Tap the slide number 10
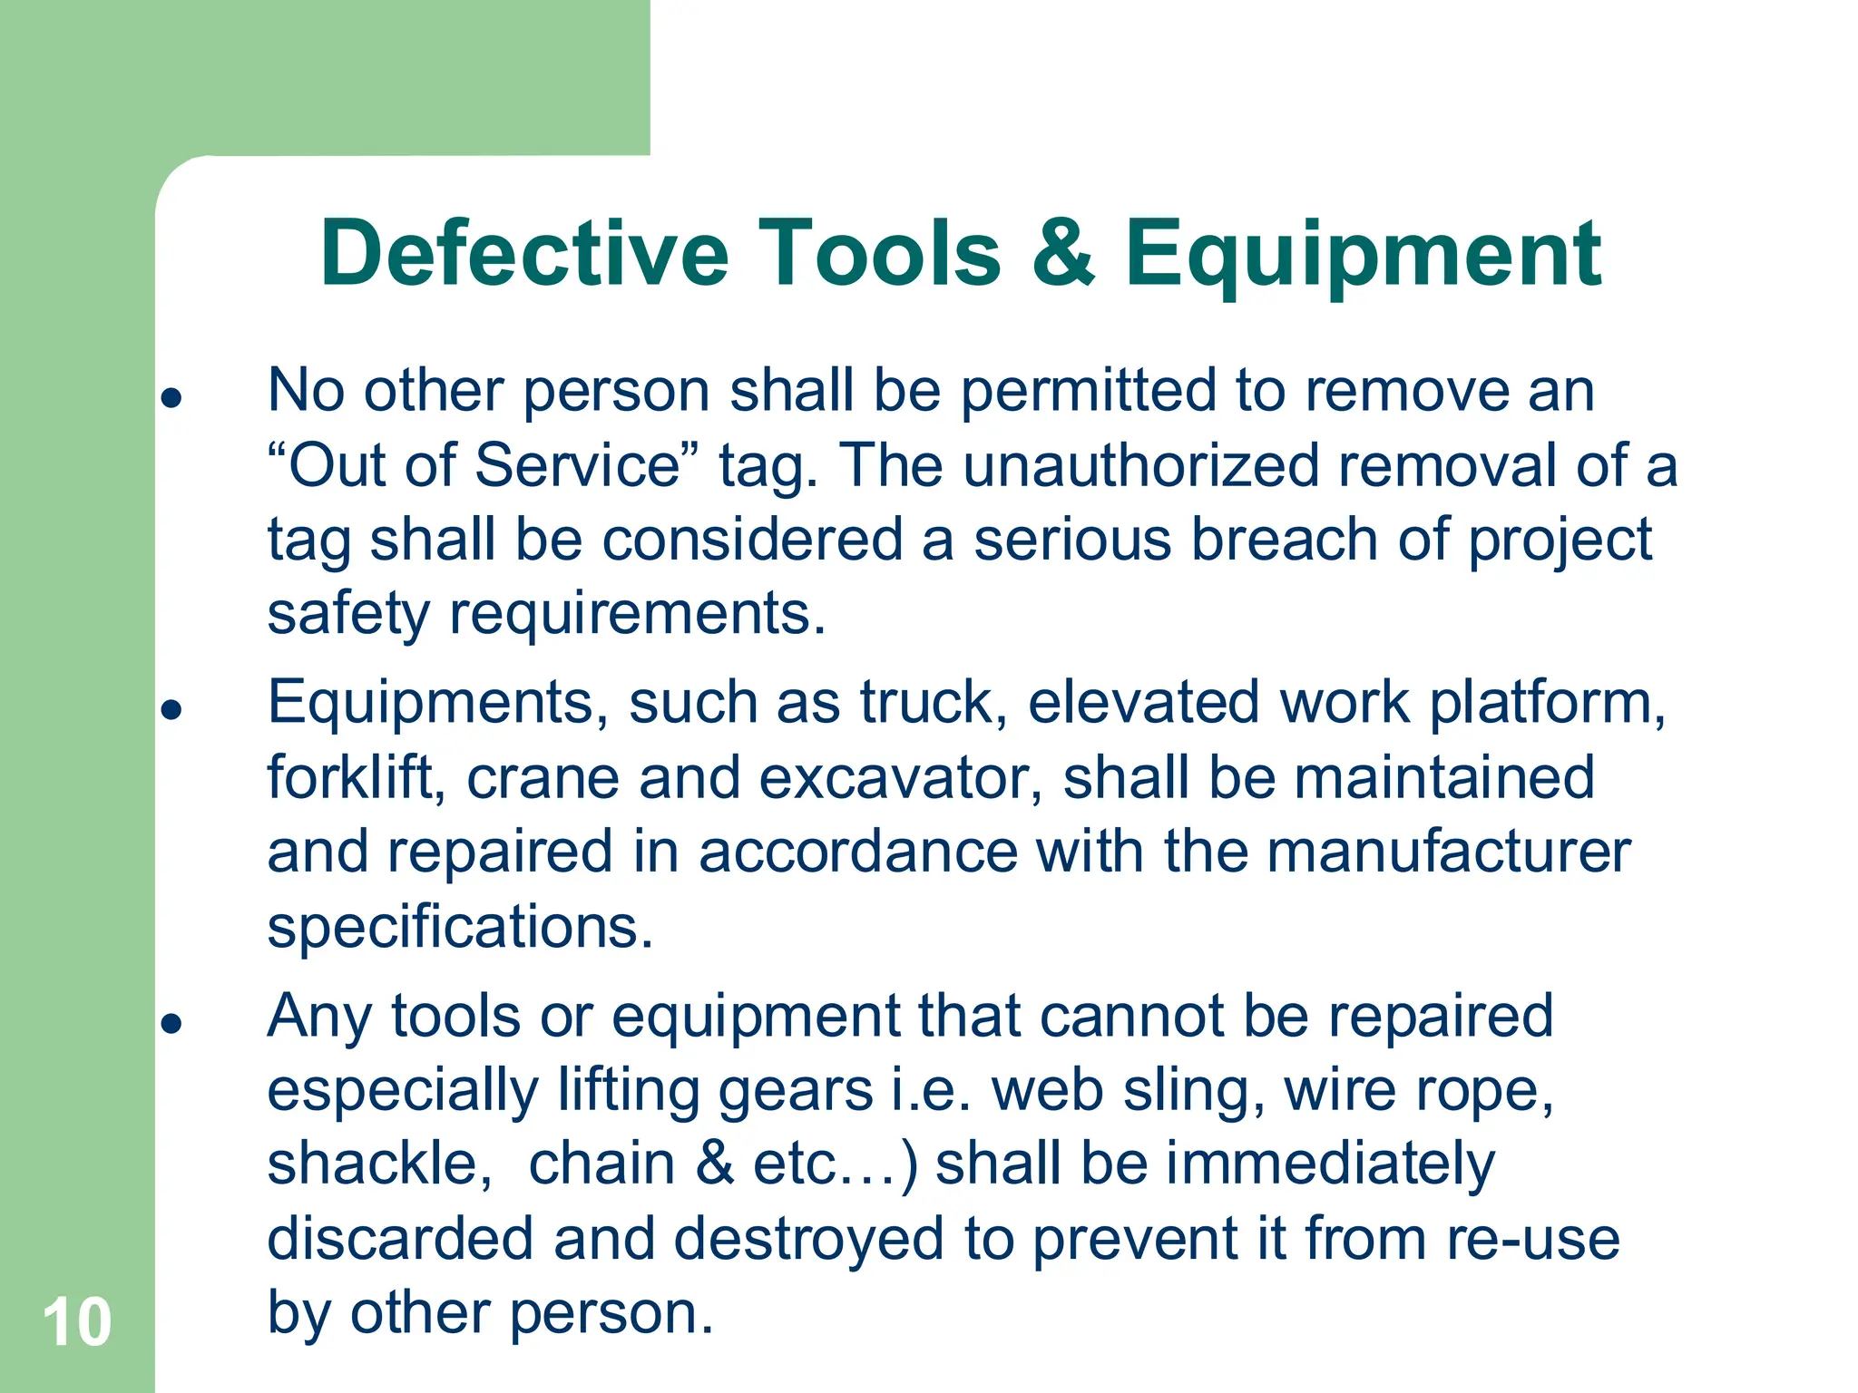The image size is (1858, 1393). pyautogui.click(x=77, y=1322)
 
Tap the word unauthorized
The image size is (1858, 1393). pyautogui.click(x=1140, y=465)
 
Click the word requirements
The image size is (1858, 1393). pyautogui.click(x=637, y=614)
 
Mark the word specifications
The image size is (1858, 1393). pyautogui.click(x=460, y=927)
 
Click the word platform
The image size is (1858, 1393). pyautogui.click(x=1547, y=703)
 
